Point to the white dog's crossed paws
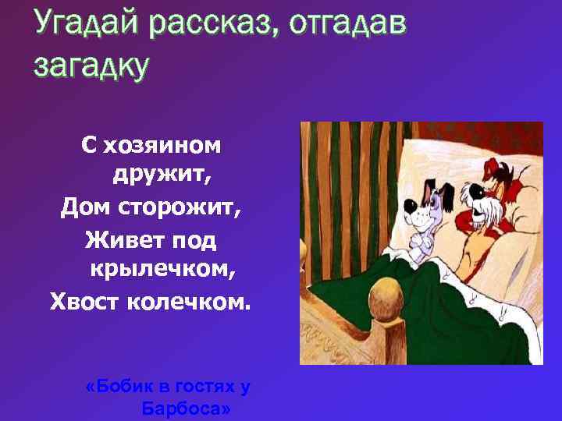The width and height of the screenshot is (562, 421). pos(421,248)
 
